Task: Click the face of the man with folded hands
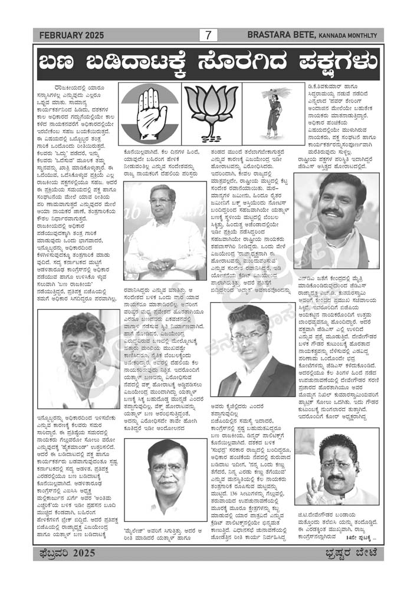161,198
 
